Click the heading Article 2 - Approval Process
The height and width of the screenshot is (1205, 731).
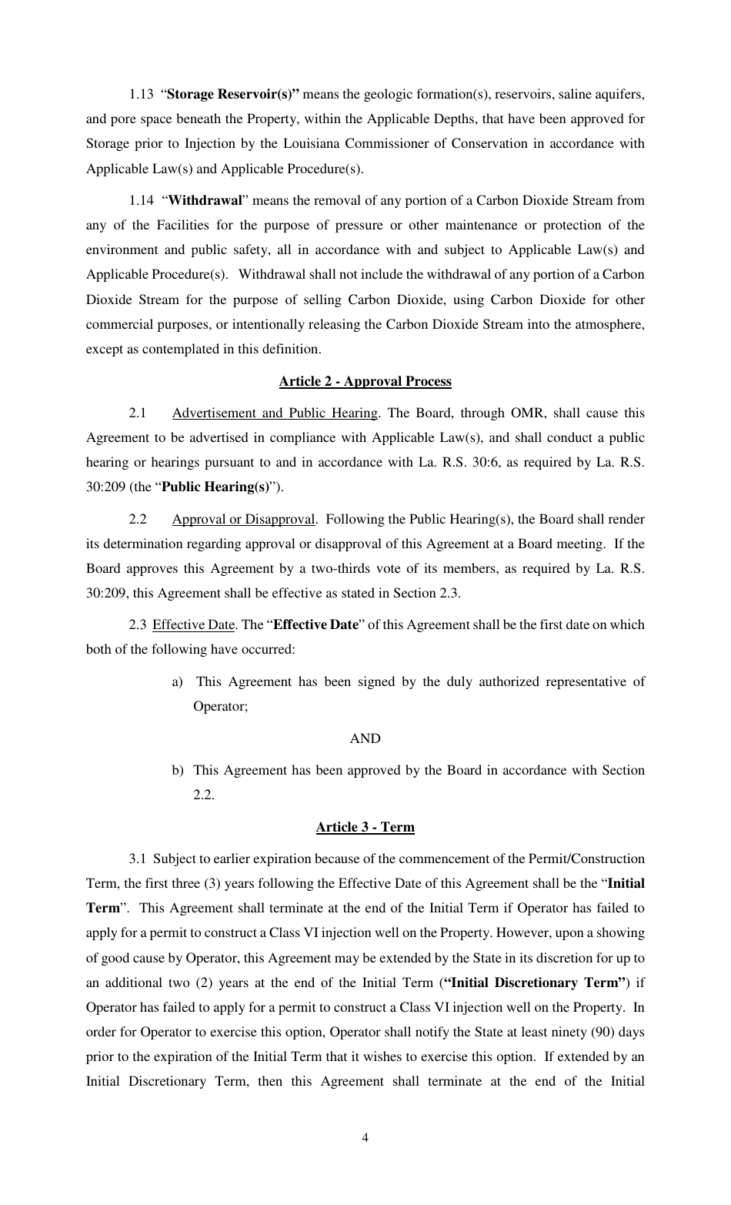[365, 381]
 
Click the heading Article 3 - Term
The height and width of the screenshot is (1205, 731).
[365, 827]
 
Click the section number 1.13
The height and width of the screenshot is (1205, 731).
[141, 95]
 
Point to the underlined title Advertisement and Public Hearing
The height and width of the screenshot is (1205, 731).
[275, 413]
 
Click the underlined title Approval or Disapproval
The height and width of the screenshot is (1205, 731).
[243, 519]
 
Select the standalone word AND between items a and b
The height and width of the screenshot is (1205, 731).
[365, 738]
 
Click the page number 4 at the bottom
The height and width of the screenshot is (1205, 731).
[365, 1138]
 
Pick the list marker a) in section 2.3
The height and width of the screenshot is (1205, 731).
[178, 681]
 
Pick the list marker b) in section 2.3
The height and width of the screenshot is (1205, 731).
[178, 770]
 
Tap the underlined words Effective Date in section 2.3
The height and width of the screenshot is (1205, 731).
[193, 624]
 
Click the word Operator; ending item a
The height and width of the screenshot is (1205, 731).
[220, 706]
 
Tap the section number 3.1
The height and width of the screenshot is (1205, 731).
[138, 859]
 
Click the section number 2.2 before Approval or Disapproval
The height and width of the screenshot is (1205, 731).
[138, 519]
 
